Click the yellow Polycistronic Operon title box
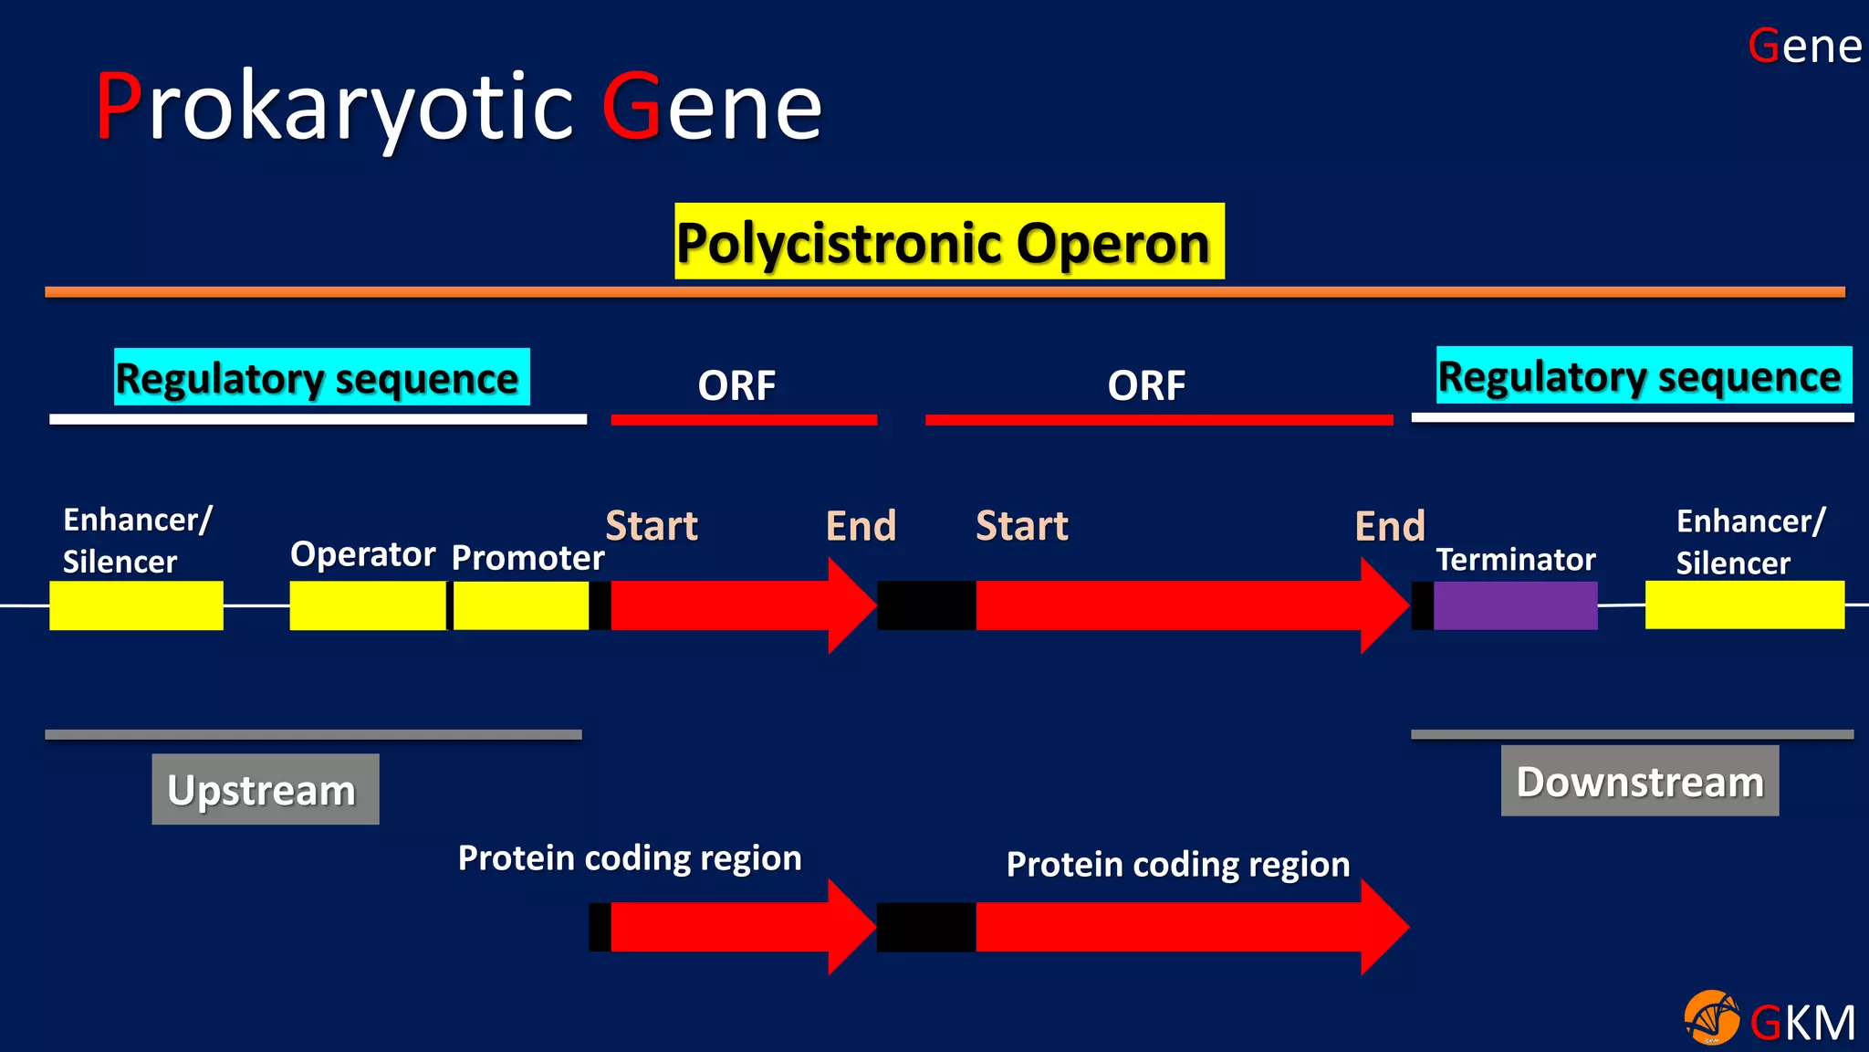tap(949, 241)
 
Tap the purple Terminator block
tap(1515, 605)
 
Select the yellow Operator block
tap(367, 605)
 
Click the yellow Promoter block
tap(520, 605)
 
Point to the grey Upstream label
tap(265, 789)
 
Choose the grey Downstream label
tap(1639, 781)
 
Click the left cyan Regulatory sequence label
tap(321, 377)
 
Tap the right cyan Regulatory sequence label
tap(1643, 375)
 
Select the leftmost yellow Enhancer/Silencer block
tap(136, 605)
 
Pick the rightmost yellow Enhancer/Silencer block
tap(1744, 605)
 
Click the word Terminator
tap(1515, 560)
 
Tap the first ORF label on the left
tap(736, 385)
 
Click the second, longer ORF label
tap(1146, 385)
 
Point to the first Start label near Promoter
tap(652, 526)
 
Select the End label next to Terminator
tap(1389, 526)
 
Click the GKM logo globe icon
tap(1711, 1017)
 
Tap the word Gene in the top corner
tap(1804, 46)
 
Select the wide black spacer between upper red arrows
tap(926, 605)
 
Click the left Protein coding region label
tap(630, 858)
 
